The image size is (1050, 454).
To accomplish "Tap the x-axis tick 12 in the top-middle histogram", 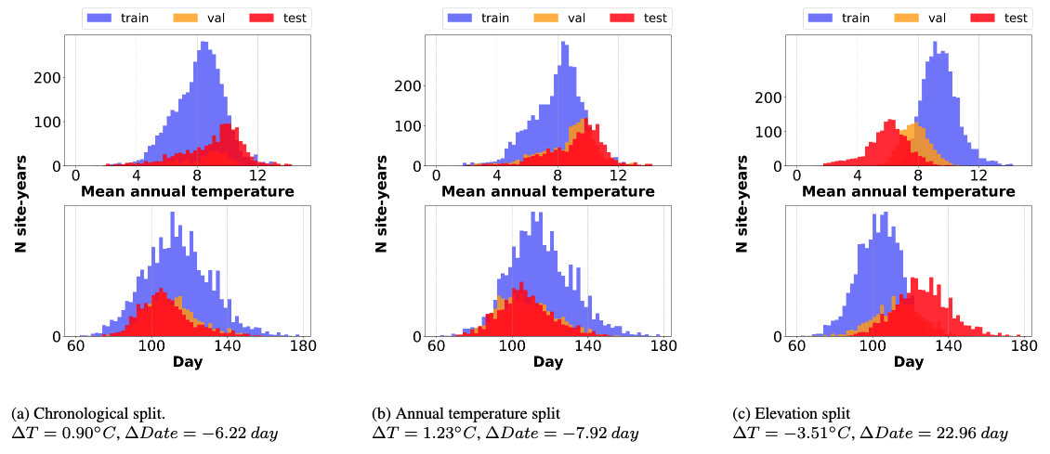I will coord(618,175).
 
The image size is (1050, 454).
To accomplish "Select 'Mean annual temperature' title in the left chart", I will coord(188,191).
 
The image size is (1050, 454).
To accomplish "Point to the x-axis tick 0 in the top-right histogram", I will coord(795,175).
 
